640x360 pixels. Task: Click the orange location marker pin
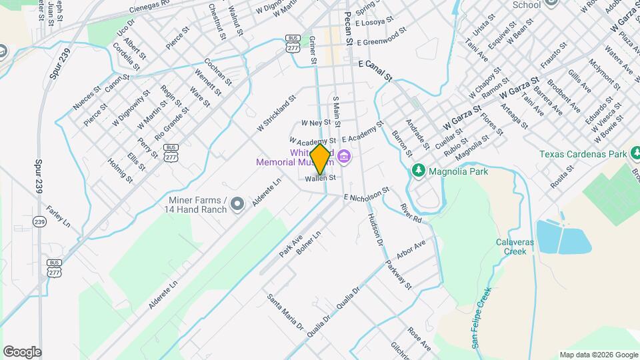[x=321, y=159]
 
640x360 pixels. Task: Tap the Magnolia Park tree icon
[x=419, y=171]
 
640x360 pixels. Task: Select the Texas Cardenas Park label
[x=583, y=153]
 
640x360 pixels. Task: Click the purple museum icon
[x=344, y=157]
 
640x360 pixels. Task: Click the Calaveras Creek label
[x=514, y=247]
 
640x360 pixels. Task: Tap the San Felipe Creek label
[x=482, y=317]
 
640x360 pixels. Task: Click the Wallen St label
[x=319, y=179]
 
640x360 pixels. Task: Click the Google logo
[x=22, y=351]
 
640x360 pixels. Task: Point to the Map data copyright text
[x=597, y=355]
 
